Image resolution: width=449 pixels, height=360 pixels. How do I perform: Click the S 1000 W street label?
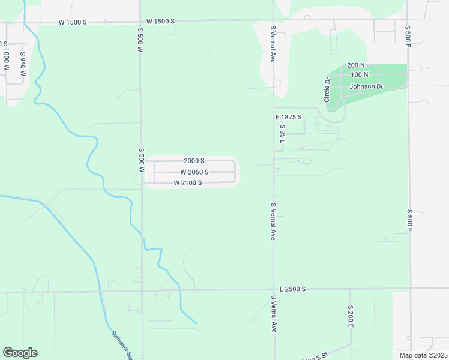click(6, 59)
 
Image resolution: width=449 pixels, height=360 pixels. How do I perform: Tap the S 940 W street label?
click(23, 64)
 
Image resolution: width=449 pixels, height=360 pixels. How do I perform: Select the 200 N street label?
click(356, 65)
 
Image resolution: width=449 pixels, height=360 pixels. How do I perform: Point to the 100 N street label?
click(359, 74)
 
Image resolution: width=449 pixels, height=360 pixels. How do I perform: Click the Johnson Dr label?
click(366, 86)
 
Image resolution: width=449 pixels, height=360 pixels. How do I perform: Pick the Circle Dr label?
click(328, 90)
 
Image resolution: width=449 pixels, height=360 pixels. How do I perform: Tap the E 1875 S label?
click(288, 117)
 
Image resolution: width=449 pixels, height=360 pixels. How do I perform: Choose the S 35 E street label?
click(282, 133)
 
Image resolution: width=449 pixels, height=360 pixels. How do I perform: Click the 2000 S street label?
click(194, 161)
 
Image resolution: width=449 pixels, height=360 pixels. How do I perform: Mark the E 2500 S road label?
click(292, 289)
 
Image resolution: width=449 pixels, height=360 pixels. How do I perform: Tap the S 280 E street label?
click(351, 316)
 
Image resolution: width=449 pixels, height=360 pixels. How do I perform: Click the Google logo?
click(20, 352)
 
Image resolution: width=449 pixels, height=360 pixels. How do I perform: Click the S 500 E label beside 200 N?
click(408, 36)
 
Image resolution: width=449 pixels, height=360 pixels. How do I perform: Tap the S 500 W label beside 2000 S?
click(142, 160)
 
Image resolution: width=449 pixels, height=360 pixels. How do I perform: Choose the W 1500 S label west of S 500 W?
click(73, 22)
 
